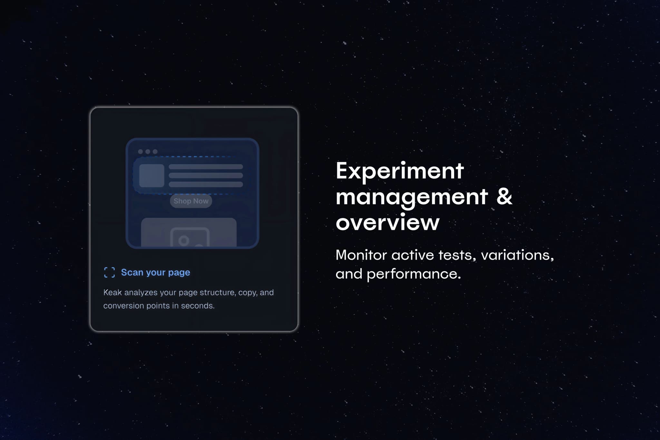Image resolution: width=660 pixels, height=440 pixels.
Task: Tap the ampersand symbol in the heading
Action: click(x=504, y=196)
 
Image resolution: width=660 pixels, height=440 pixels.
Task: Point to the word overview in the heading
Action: click(x=388, y=222)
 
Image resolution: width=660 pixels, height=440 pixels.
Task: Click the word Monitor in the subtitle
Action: click(x=361, y=255)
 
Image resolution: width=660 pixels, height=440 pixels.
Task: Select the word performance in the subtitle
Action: click(x=414, y=274)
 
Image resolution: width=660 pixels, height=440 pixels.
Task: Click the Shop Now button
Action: click(x=191, y=201)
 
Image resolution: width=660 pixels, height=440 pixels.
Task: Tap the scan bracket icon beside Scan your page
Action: click(x=110, y=272)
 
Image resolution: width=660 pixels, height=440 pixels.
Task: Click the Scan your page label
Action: click(x=156, y=272)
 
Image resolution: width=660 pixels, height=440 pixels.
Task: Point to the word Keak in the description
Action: click(x=112, y=292)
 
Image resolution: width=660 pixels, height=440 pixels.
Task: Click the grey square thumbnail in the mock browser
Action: click(x=152, y=176)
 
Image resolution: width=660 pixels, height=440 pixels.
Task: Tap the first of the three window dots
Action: click(x=141, y=152)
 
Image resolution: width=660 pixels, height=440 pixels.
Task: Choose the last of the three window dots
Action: click(x=155, y=152)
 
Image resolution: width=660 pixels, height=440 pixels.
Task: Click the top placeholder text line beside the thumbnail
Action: click(x=206, y=167)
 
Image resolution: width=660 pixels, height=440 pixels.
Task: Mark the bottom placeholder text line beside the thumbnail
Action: click(x=206, y=184)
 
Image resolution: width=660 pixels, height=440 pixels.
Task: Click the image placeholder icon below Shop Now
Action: click(x=190, y=237)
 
